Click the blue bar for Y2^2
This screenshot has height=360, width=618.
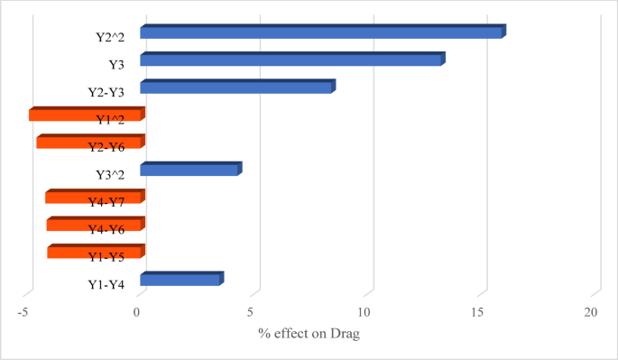(x=321, y=32)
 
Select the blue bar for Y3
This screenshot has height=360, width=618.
(x=291, y=60)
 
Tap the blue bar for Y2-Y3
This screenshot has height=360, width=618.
(x=236, y=88)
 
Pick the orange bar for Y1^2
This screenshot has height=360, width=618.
(x=85, y=115)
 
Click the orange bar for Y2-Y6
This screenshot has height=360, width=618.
(x=88, y=143)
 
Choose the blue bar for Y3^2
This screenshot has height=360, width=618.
(x=189, y=170)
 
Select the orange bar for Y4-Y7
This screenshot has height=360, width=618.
(x=93, y=198)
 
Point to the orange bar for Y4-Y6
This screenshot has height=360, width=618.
(x=94, y=225)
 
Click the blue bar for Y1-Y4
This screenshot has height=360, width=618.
(x=180, y=280)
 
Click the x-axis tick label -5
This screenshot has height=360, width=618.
(x=23, y=312)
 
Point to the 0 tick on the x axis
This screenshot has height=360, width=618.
(x=137, y=312)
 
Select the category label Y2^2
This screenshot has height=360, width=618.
(x=111, y=38)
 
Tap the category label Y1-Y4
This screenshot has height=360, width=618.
(x=107, y=285)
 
